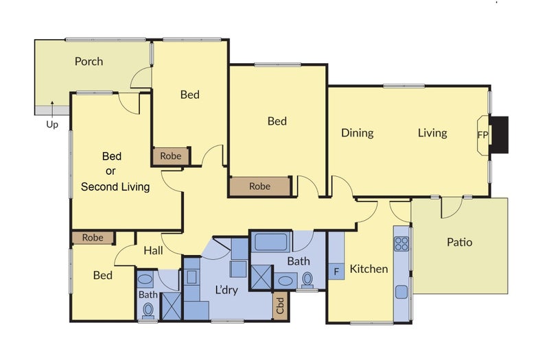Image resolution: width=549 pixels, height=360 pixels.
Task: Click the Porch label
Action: tap(89, 62)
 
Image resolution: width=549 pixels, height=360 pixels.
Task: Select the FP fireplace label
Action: tap(482, 134)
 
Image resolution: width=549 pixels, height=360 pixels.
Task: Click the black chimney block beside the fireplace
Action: tap(499, 134)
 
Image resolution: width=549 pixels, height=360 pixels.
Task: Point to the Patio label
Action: tap(459, 242)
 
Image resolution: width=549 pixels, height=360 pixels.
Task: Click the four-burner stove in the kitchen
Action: tap(401, 244)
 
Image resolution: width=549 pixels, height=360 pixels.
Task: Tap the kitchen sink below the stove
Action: tap(401, 292)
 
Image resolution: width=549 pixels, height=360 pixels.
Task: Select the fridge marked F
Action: tap(336, 272)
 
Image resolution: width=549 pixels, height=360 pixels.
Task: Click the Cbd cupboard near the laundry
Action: tap(280, 305)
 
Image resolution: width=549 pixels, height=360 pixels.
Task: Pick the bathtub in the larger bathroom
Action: tap(271, 242)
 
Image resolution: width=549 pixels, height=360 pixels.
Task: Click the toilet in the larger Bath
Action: tap(307, 280)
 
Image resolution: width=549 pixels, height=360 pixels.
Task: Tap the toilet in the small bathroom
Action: tap(148, 311)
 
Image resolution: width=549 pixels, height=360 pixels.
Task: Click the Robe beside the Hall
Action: tap(93, 238)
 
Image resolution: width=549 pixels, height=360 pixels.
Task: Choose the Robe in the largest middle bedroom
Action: tap(260, 187)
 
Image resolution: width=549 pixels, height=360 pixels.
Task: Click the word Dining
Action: tap(358, 133)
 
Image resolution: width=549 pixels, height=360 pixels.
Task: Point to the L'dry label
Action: tap(226, 290)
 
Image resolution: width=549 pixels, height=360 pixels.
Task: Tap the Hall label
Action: tap(153, 250)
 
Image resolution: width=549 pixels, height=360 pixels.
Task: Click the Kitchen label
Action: tap(369, 269)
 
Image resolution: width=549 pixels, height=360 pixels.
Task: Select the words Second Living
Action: tap(115, 187)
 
